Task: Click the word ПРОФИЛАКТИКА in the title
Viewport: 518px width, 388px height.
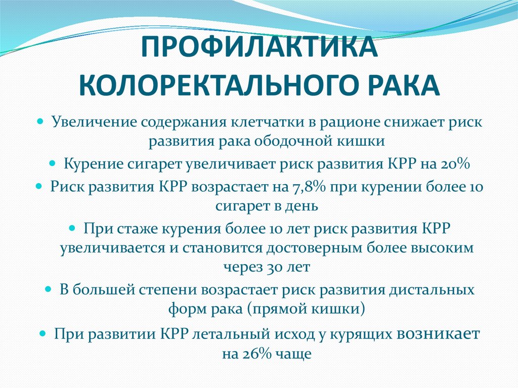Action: point(258,48)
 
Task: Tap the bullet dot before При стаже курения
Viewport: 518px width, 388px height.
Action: point(72,227)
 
